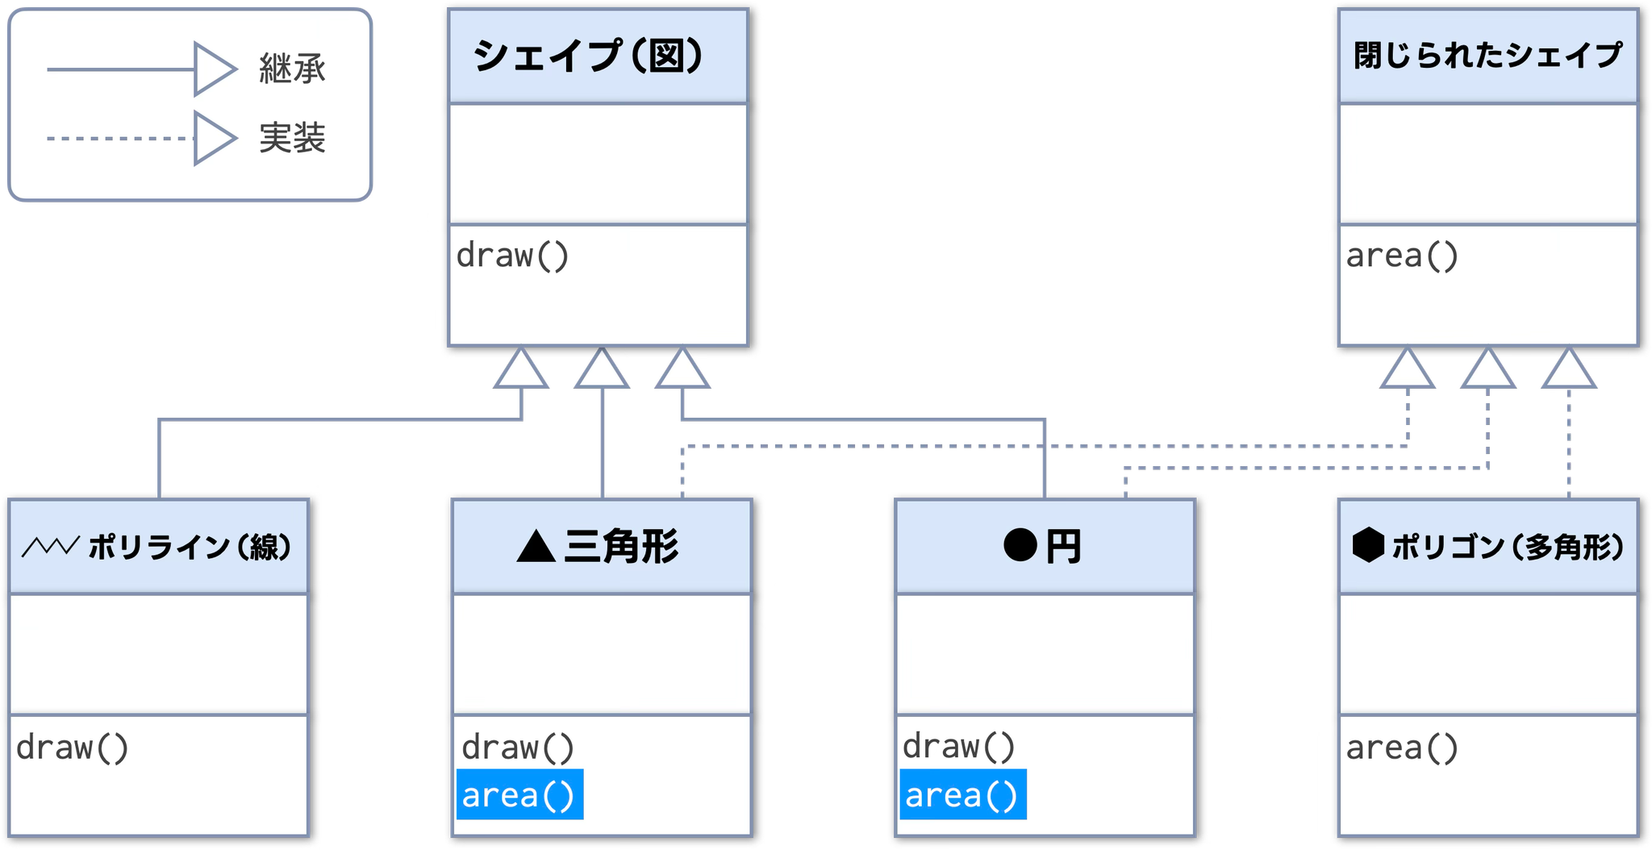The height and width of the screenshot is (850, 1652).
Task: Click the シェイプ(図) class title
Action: [x=589, y=56]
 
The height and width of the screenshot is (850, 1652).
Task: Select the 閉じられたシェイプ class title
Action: [x=1487, y=56]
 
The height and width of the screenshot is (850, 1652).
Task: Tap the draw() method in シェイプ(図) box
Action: [x=513, y=256]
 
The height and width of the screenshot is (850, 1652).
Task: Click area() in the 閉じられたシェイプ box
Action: [x=1402, y=256]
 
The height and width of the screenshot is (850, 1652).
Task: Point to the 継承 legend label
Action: [x=292, y=69]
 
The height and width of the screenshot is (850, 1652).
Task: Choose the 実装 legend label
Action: [x=292, y=138]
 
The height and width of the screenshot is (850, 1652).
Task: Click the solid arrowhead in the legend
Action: [x=214, y=69]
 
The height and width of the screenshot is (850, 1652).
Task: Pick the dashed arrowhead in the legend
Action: [x=214, y=138]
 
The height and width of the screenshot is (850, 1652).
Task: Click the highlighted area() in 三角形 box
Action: [x=519, y=795]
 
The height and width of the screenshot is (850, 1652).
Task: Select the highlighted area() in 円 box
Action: [x=962, y=795]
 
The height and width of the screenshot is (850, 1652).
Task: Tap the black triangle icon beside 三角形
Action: [x=536, y=547]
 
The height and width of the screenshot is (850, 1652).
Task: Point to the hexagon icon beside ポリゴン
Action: [x=1368, y=546]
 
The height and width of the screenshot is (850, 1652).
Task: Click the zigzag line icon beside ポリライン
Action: [x=50, y=547]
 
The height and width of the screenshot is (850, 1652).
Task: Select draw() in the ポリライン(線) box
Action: [x=73, y=748]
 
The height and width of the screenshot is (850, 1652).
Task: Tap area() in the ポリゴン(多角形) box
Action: [x=1402, y=748]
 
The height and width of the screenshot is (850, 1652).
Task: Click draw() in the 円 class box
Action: [x=958, y=747]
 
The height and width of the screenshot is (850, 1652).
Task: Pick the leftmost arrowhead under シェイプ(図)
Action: [x=522, y=371]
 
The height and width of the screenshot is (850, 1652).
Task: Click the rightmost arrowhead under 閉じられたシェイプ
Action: [x=1568, y=371]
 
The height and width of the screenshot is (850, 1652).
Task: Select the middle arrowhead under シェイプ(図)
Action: [x=602, y=371]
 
